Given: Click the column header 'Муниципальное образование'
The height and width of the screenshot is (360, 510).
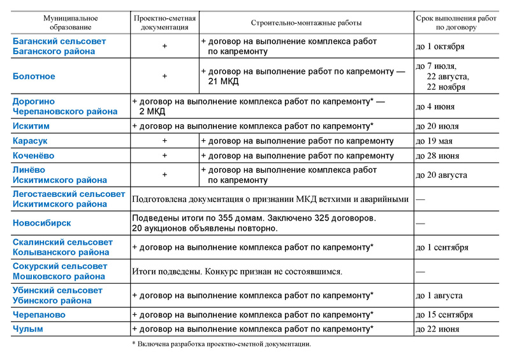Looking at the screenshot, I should point(70,22).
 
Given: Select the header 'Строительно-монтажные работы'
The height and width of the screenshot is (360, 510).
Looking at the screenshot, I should point(306,22).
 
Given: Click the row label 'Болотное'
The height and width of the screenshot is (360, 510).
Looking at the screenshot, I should point(34,76).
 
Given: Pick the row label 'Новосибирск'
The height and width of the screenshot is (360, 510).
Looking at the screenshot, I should point(42,223).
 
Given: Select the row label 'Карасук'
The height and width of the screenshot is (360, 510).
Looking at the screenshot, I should point(31,141).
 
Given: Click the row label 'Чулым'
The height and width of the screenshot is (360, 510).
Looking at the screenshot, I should point(27,329).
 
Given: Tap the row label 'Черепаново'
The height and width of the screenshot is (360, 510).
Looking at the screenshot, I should point(39,315).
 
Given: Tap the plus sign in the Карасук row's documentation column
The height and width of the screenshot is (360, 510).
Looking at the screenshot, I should point(164,141).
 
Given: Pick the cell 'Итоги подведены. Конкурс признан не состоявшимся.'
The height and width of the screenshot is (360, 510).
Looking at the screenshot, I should point(237,271).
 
